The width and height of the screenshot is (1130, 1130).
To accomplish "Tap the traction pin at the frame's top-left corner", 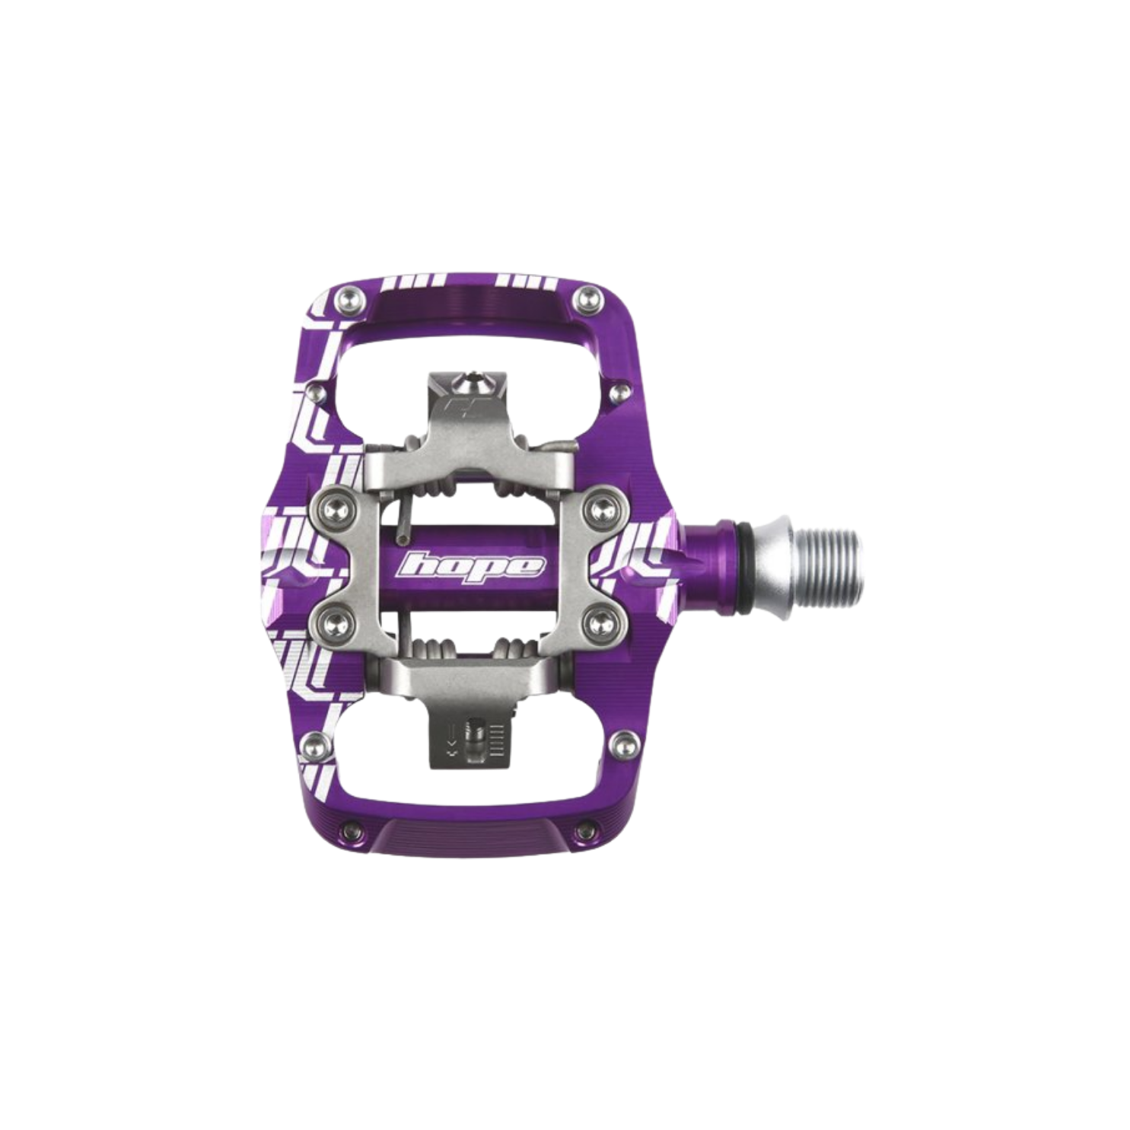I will pos(348,296).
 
